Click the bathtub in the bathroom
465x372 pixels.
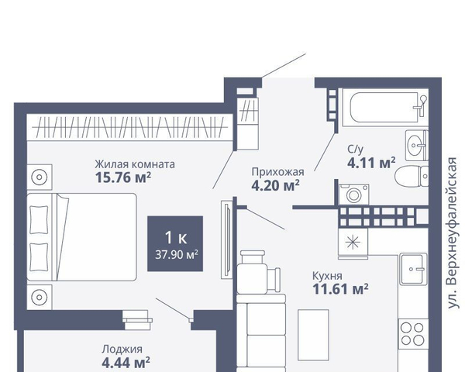coord(385,108)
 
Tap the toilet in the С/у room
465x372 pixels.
coord(412,176)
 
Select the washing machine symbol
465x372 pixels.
coord(354,195)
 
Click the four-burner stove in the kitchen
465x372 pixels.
coord(413,334)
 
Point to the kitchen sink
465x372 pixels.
coord(413,269)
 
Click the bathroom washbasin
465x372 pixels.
coord(417,146)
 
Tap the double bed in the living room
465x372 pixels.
coord(81,237)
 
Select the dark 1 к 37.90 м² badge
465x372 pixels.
coord(175,243)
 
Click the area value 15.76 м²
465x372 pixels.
coord(123,177)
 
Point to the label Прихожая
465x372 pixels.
coord(278,172)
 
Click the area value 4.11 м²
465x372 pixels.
coord(371,163)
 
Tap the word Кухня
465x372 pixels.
coord(327,276)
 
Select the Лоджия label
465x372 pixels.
coord(122,350)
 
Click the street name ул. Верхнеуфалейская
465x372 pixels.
coord(452,232)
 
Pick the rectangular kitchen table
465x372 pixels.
coord(313,335)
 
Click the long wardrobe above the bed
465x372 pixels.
coord(129,127)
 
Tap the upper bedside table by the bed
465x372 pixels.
coord(40,177)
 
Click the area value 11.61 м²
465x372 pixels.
coord(341,289)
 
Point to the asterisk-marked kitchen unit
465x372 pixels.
coord(353,242)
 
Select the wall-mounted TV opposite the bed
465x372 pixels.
coord(227,239)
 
